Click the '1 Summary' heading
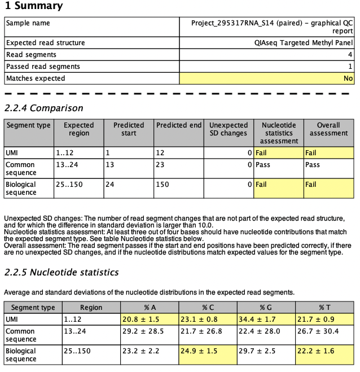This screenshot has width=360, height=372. coord(34,6)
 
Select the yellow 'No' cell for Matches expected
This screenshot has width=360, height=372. coord(348,78)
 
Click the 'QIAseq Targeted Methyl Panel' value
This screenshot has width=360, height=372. coord(304,43)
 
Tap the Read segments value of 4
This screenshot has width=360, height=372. coord(350,55)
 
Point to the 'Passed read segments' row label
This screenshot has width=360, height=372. coord(43,67)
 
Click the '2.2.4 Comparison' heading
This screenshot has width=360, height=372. coord(44,108)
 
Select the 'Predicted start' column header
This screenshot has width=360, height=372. coord(129,129)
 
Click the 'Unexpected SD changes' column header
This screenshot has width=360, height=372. coord(228,129)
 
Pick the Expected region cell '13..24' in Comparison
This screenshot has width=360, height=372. coord(66,165)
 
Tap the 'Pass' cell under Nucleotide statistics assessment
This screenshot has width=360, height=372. coord(263,165)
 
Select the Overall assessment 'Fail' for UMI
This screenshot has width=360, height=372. coord(311,152)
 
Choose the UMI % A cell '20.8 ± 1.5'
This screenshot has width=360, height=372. coord(141,320)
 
